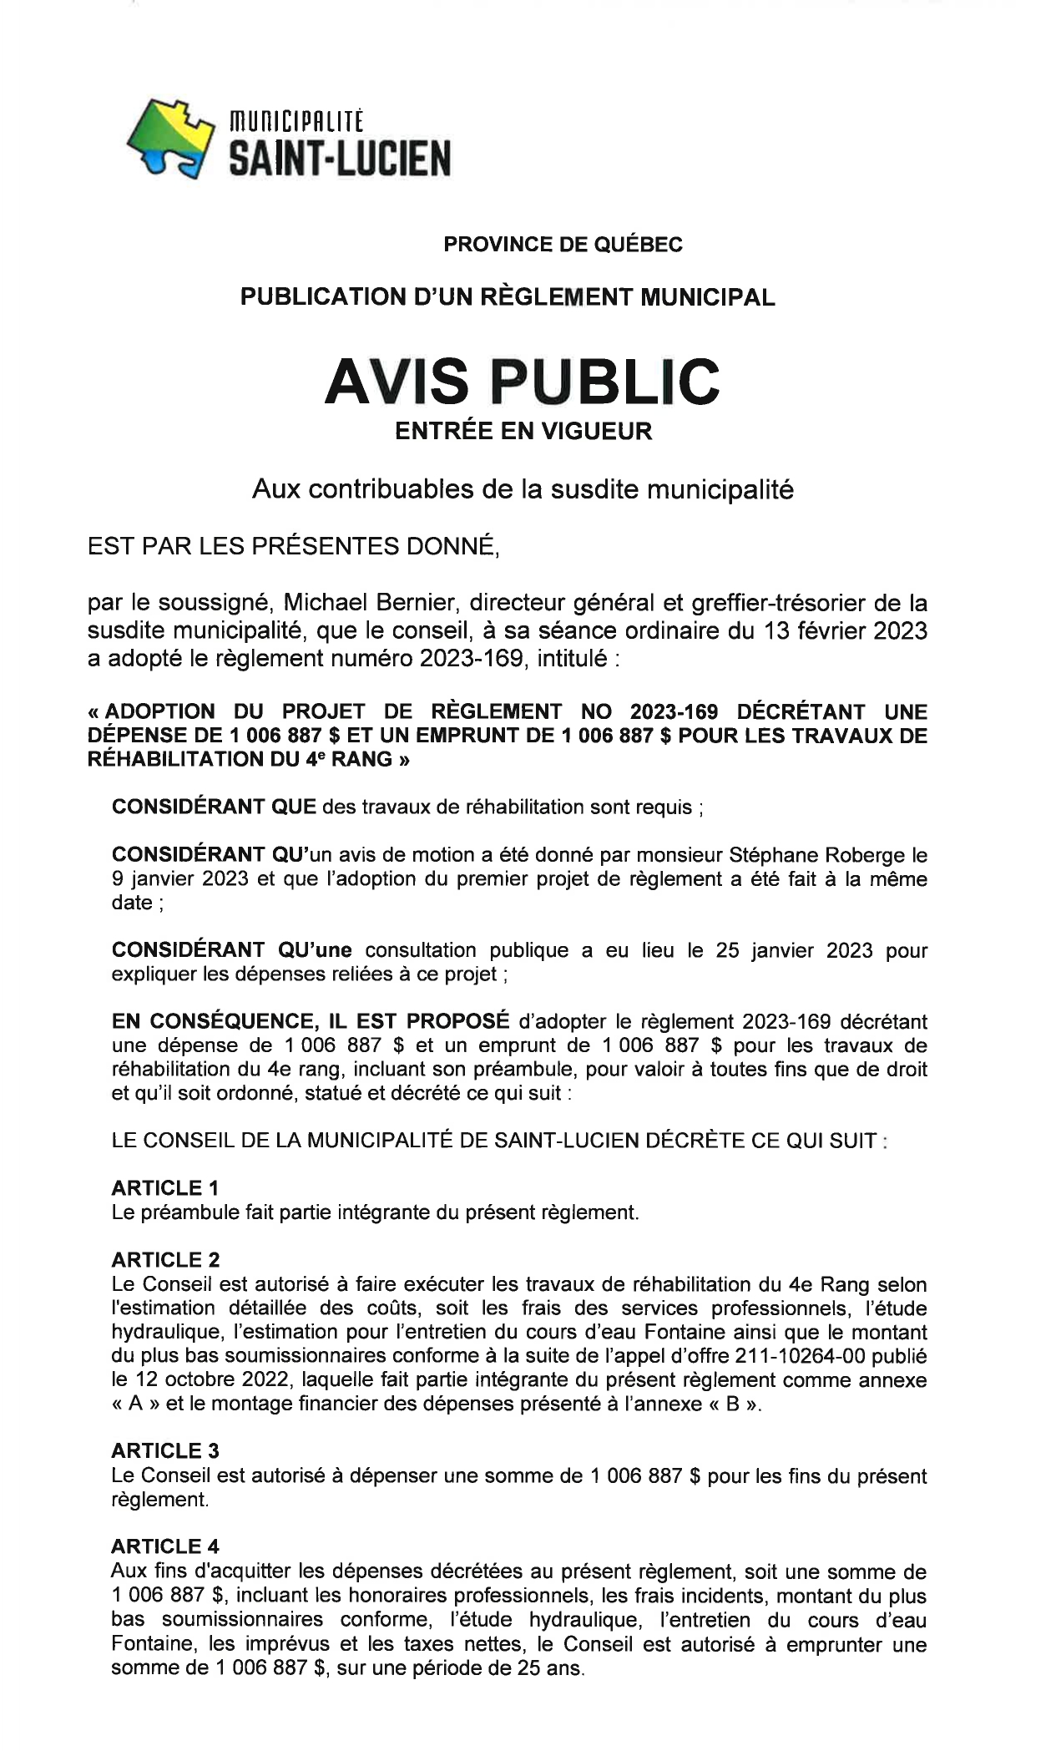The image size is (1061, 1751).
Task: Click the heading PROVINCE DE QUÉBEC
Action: [x=563, y=245]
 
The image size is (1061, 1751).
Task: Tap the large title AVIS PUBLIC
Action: [x=522, y=381]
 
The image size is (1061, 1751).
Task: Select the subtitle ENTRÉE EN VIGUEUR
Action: [x=523, y=432]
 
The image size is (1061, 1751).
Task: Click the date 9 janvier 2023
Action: [x=180, y=879]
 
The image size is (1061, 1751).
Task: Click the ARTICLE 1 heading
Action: [x=165, y=1187]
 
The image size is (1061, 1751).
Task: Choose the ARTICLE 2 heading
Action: [x=165, y=1259]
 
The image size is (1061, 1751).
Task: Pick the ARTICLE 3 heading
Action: [x=165, y=1450]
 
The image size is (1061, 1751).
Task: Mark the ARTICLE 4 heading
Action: [x=165, y=1546]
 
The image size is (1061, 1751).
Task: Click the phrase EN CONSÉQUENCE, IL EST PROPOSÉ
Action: [x=311, y=1021]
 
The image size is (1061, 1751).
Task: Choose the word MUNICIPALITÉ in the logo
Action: [x=296, y=122]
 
